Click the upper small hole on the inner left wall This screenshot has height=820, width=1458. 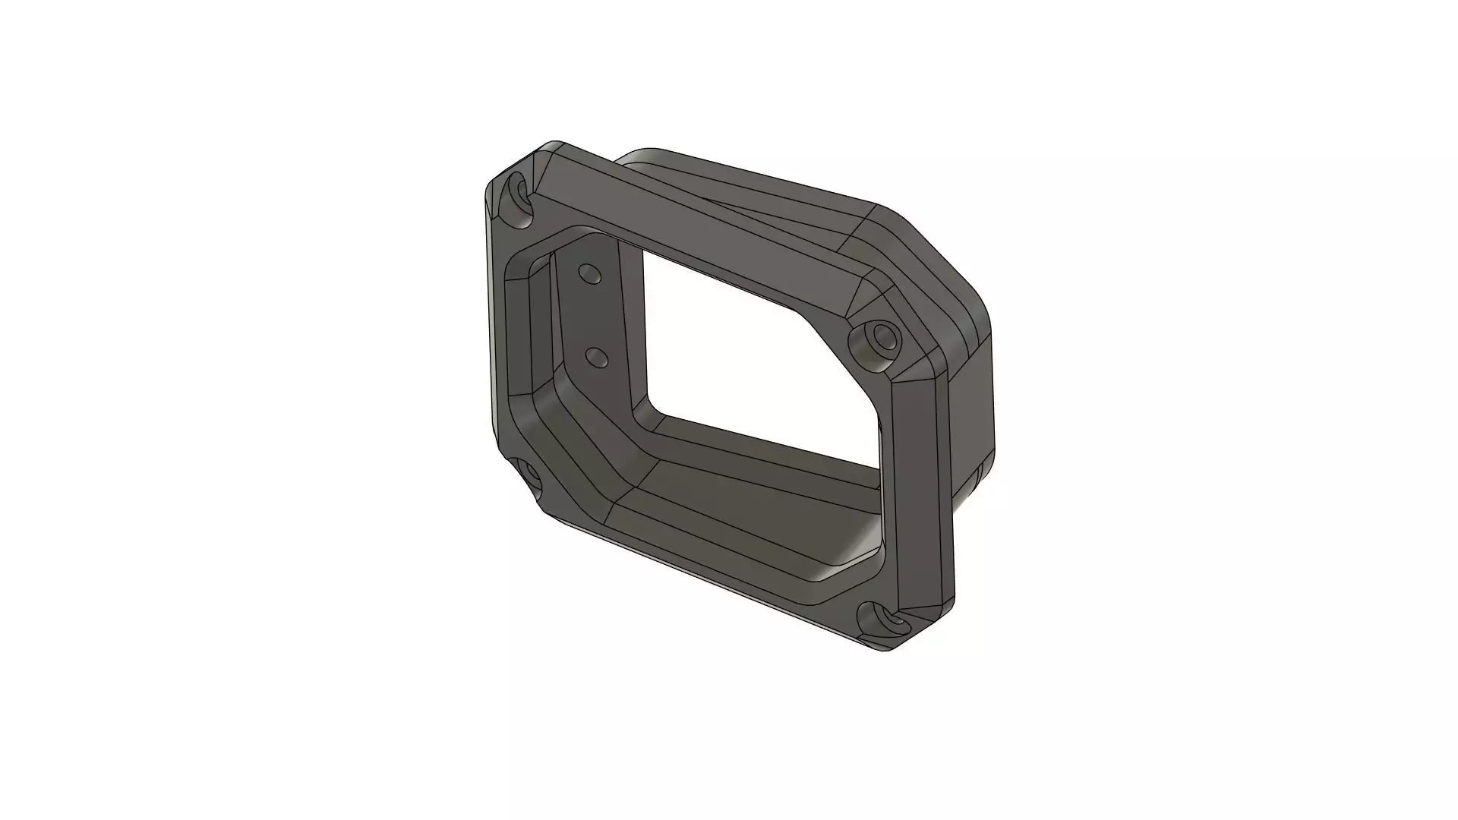(589, 273)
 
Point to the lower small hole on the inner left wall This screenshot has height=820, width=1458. (598, 356)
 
